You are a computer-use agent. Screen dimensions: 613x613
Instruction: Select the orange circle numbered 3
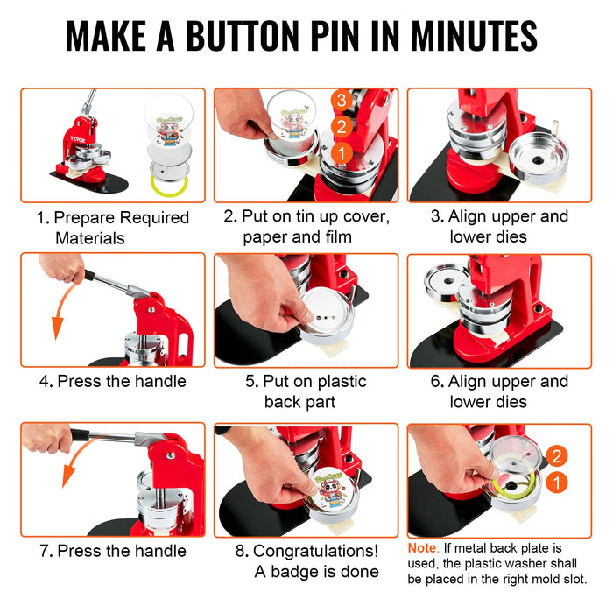(342, 102)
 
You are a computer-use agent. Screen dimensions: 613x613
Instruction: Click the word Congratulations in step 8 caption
(315, 551)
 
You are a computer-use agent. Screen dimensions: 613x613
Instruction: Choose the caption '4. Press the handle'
(112, 381)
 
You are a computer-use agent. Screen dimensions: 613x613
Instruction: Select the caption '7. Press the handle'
(112, 551)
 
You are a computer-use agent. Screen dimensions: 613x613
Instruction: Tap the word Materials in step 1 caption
(90, 237)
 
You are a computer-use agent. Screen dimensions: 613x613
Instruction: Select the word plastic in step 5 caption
(337, 381)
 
